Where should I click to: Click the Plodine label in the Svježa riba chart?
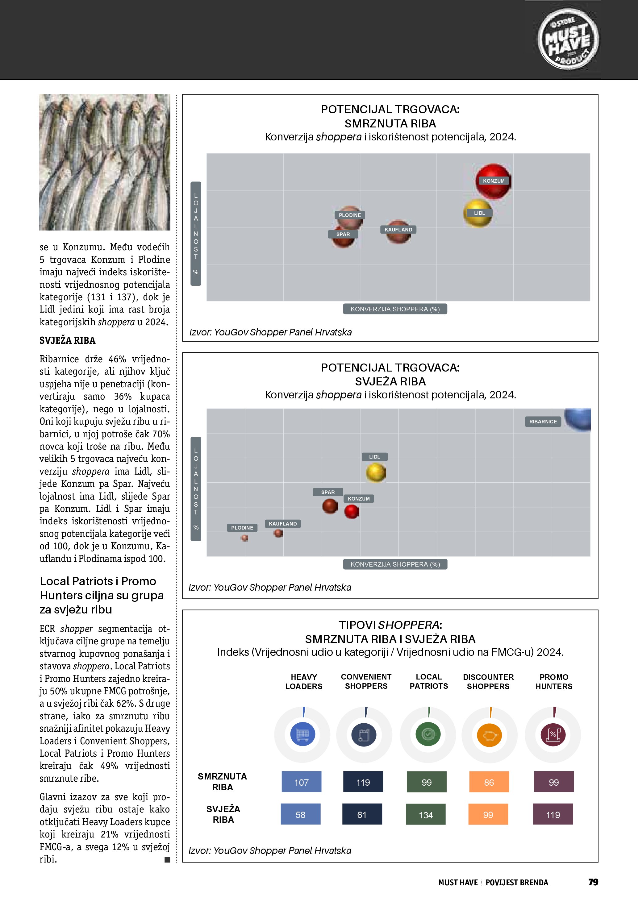(242, 528)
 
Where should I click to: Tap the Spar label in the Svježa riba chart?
(328, 492)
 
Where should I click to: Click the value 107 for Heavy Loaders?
(301, 782)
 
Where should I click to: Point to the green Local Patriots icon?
(428, 734)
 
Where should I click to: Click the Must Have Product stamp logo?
(568, 39)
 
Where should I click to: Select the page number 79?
(593, 882)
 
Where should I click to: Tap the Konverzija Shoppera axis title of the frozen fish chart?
(395, 309)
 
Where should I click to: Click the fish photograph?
(105, 162)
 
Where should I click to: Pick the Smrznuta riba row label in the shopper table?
(222, 782)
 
